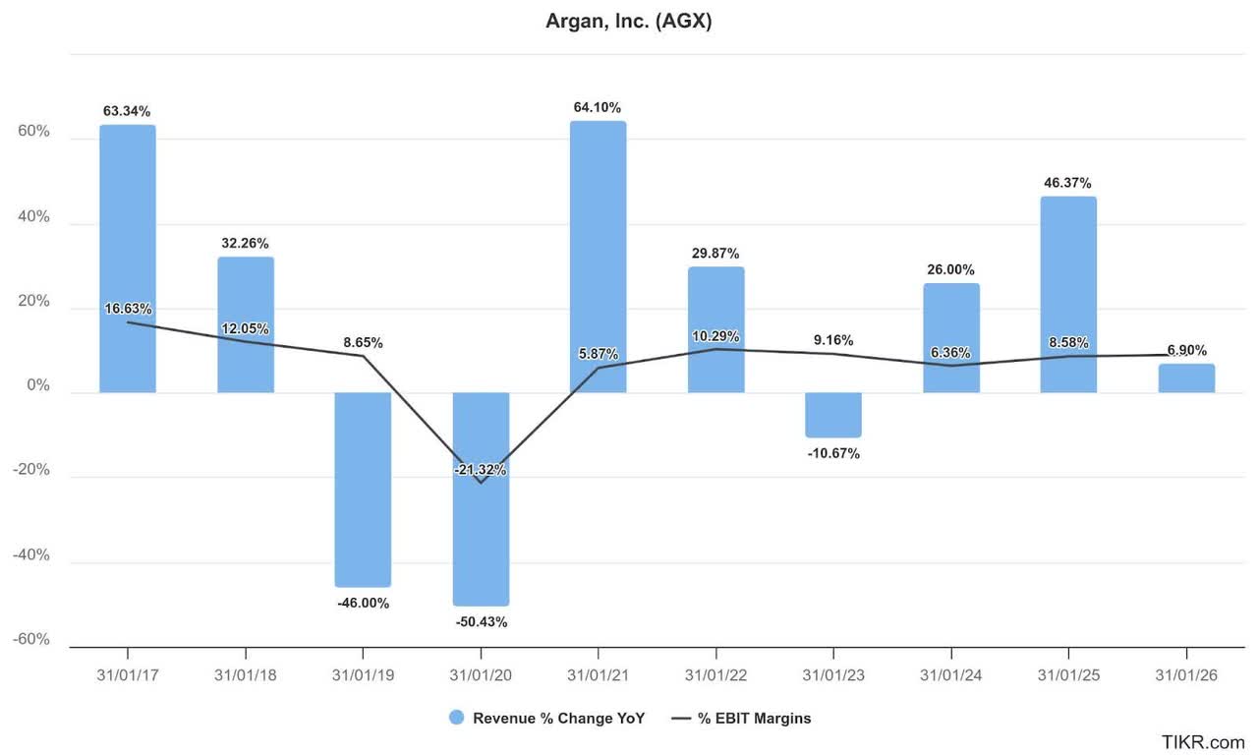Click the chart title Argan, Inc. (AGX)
628,22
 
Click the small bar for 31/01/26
1186,378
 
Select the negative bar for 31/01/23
833,415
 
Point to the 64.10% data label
598,107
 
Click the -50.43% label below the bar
481,621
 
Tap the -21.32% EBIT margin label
481,470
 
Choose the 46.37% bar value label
1068,183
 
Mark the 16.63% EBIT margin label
128,309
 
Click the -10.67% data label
833,453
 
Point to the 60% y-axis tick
31,132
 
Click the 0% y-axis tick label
37,385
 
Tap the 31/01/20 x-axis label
481,676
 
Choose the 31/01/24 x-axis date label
951,676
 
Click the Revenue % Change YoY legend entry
546,718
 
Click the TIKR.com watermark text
1203,742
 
